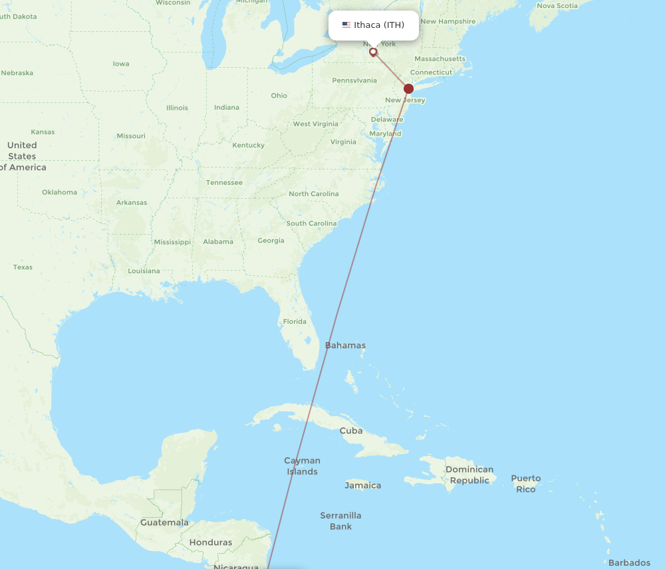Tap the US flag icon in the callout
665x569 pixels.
click(x=346, y=25)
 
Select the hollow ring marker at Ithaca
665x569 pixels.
click(x=373, y=51)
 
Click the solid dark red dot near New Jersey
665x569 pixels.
click(x=409, y=88)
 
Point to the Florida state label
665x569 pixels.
click(x=295, y=322)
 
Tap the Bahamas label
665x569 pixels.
click(x=345, y=346)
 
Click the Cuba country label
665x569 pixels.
click(x=351, y=431)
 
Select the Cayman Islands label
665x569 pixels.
click(x=302, y=466)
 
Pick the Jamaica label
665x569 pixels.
click(x=363, y=485)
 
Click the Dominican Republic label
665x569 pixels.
click(x=469, y=475)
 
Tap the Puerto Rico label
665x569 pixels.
click(x=525, y=483)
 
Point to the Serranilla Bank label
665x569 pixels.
click(x=340, y=520)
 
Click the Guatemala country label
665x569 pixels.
click(x=164, y=522)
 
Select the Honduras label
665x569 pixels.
click(x=211, y=542)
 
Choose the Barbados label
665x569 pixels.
click(x=629, y=563)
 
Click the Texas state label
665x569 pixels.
click(x=23, y=267)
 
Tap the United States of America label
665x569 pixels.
click(x=22, y=156)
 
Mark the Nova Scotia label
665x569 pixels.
click(x=557, y=6)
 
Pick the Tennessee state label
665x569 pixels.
click(x=224, y=183)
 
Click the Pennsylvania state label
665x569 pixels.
click(x=354, y=80)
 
